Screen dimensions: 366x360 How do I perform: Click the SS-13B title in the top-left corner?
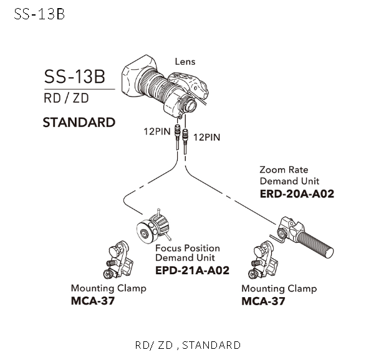pos(39,14)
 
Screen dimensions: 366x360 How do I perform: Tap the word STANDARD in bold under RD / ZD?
pos(79,123)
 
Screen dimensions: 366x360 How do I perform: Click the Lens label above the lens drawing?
pos(185,62)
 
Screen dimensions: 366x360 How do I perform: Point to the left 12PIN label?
pos(157,131)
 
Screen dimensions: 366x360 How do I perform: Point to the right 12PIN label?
pos(207,137)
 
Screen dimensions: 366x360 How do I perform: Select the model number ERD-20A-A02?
pos(297,194)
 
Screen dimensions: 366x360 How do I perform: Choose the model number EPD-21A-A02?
pos(192,270)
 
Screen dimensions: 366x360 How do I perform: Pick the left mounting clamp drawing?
pos(118,260)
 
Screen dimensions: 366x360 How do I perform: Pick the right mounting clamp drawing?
pos(262,260)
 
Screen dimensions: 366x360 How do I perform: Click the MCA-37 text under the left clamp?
pos(93,301)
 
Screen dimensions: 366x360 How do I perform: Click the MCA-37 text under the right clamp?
pos(263,301)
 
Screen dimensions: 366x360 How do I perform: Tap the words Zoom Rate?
pos(284,170)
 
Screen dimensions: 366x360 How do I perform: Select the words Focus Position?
pos(188,248)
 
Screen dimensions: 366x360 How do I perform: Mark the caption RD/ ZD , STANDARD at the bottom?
pos(188,345)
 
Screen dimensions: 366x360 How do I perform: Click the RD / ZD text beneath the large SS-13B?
pos(66,98)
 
